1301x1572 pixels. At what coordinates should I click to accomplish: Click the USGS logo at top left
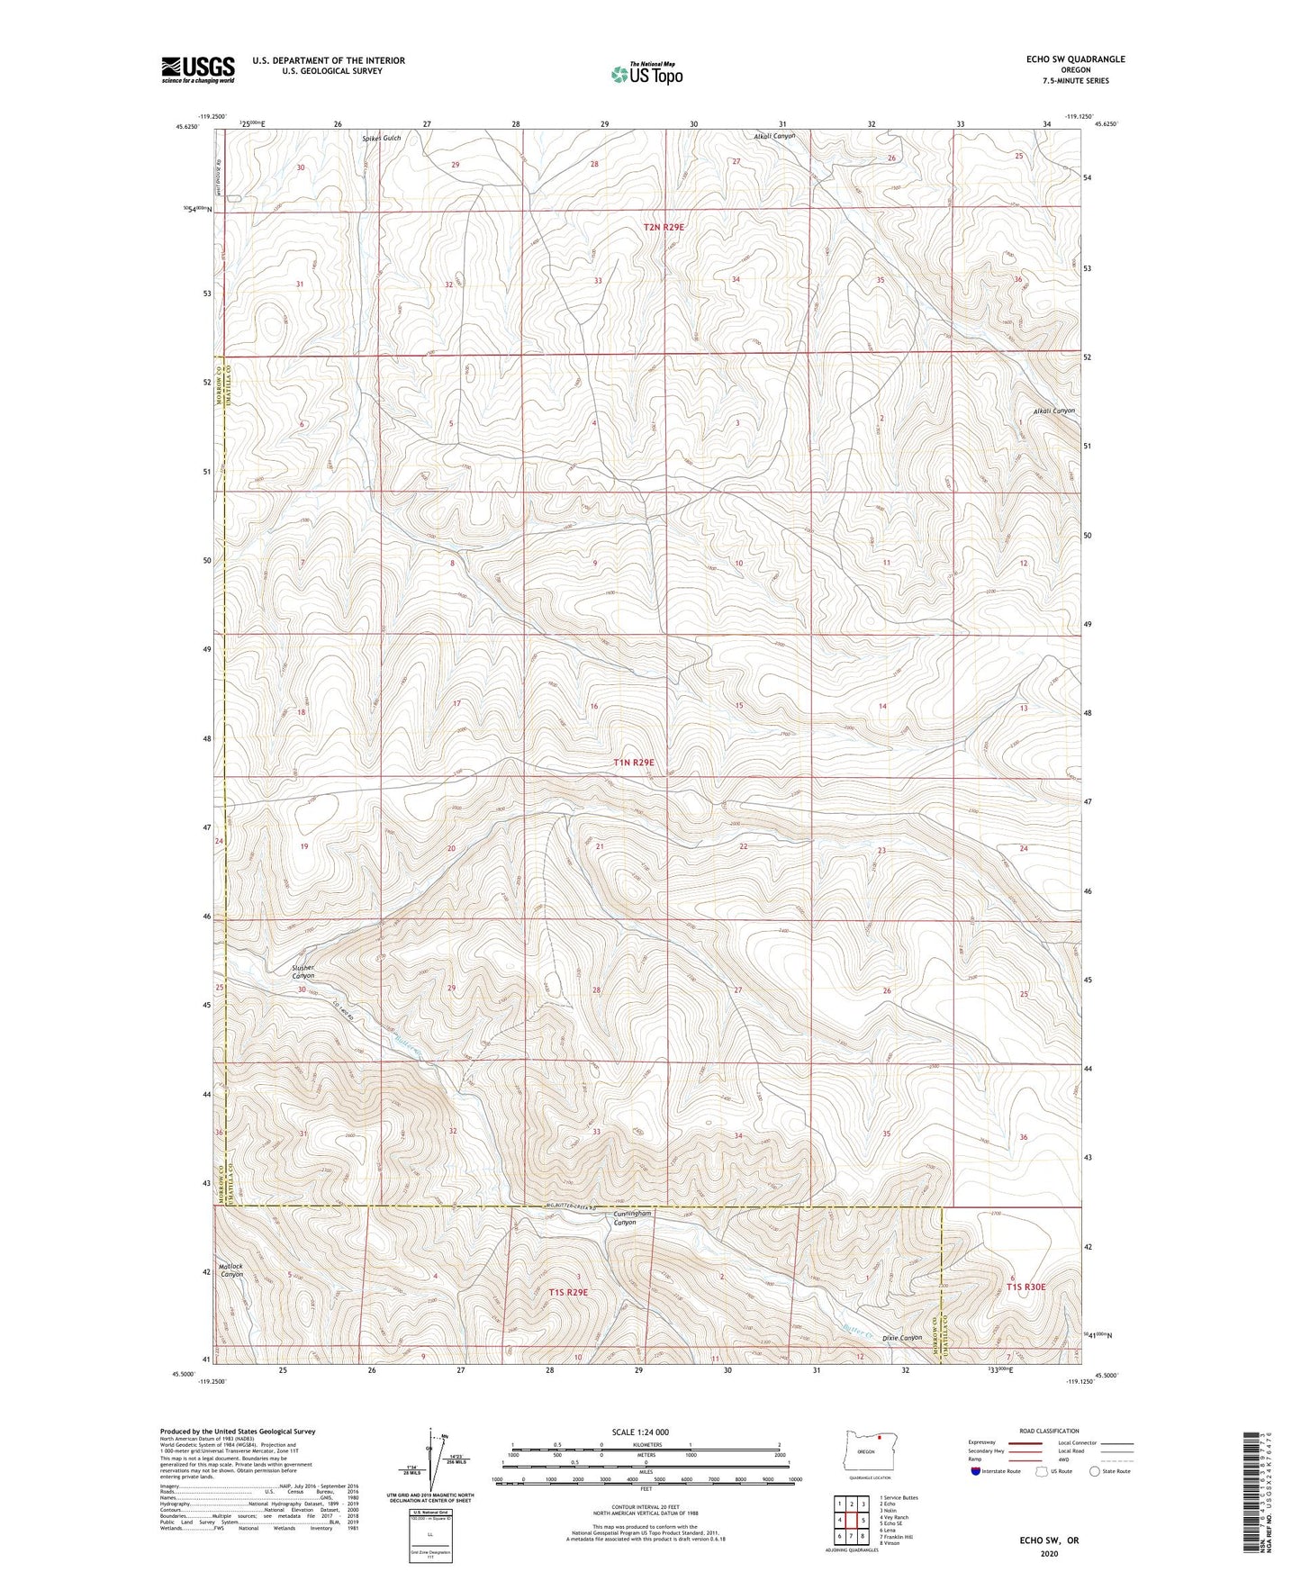[198, 69]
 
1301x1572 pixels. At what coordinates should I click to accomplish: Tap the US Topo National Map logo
[646, 74]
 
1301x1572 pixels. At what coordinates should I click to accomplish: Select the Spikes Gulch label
[381, 139]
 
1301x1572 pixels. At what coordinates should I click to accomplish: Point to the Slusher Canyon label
[303, 972]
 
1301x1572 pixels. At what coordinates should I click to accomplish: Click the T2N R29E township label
[664, 228]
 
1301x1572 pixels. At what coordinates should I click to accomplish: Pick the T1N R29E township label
[634, 763]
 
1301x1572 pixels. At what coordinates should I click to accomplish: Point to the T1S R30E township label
[1025, 1287]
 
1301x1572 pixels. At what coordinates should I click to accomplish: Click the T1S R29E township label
[568, 1292]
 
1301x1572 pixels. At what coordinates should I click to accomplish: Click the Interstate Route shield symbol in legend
[975, 1471]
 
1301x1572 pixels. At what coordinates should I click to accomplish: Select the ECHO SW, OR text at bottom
[1048, 1540]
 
